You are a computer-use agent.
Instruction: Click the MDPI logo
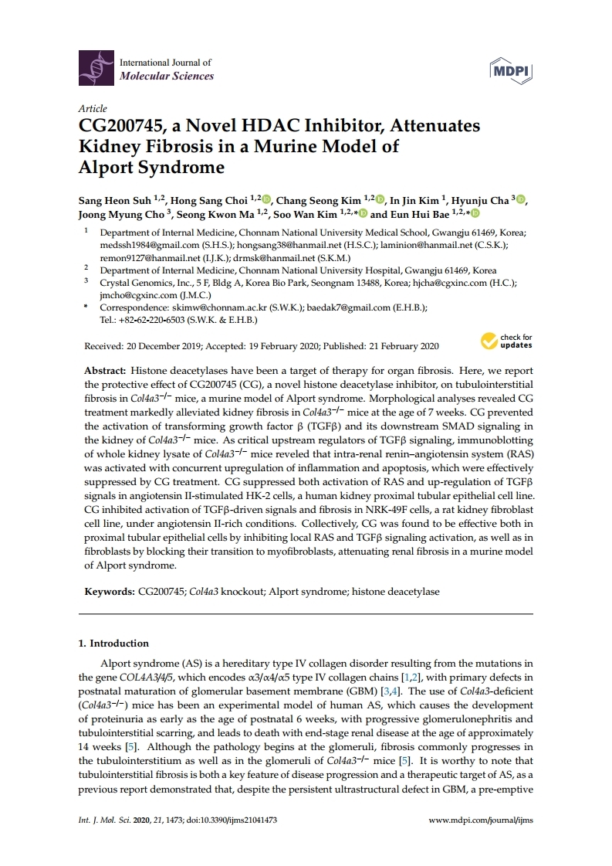(512, 70)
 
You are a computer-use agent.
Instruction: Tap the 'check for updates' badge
(507, 341)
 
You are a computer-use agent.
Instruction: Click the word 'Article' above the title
(93, 109)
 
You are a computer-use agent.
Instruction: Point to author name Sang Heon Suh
(113, 201)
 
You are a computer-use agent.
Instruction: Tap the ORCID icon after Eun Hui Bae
(475, 214)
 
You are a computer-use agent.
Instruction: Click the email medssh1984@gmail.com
(140, 246)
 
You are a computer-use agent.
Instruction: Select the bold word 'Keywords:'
(109, 592)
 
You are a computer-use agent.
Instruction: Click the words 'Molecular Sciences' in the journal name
(166, 76)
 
